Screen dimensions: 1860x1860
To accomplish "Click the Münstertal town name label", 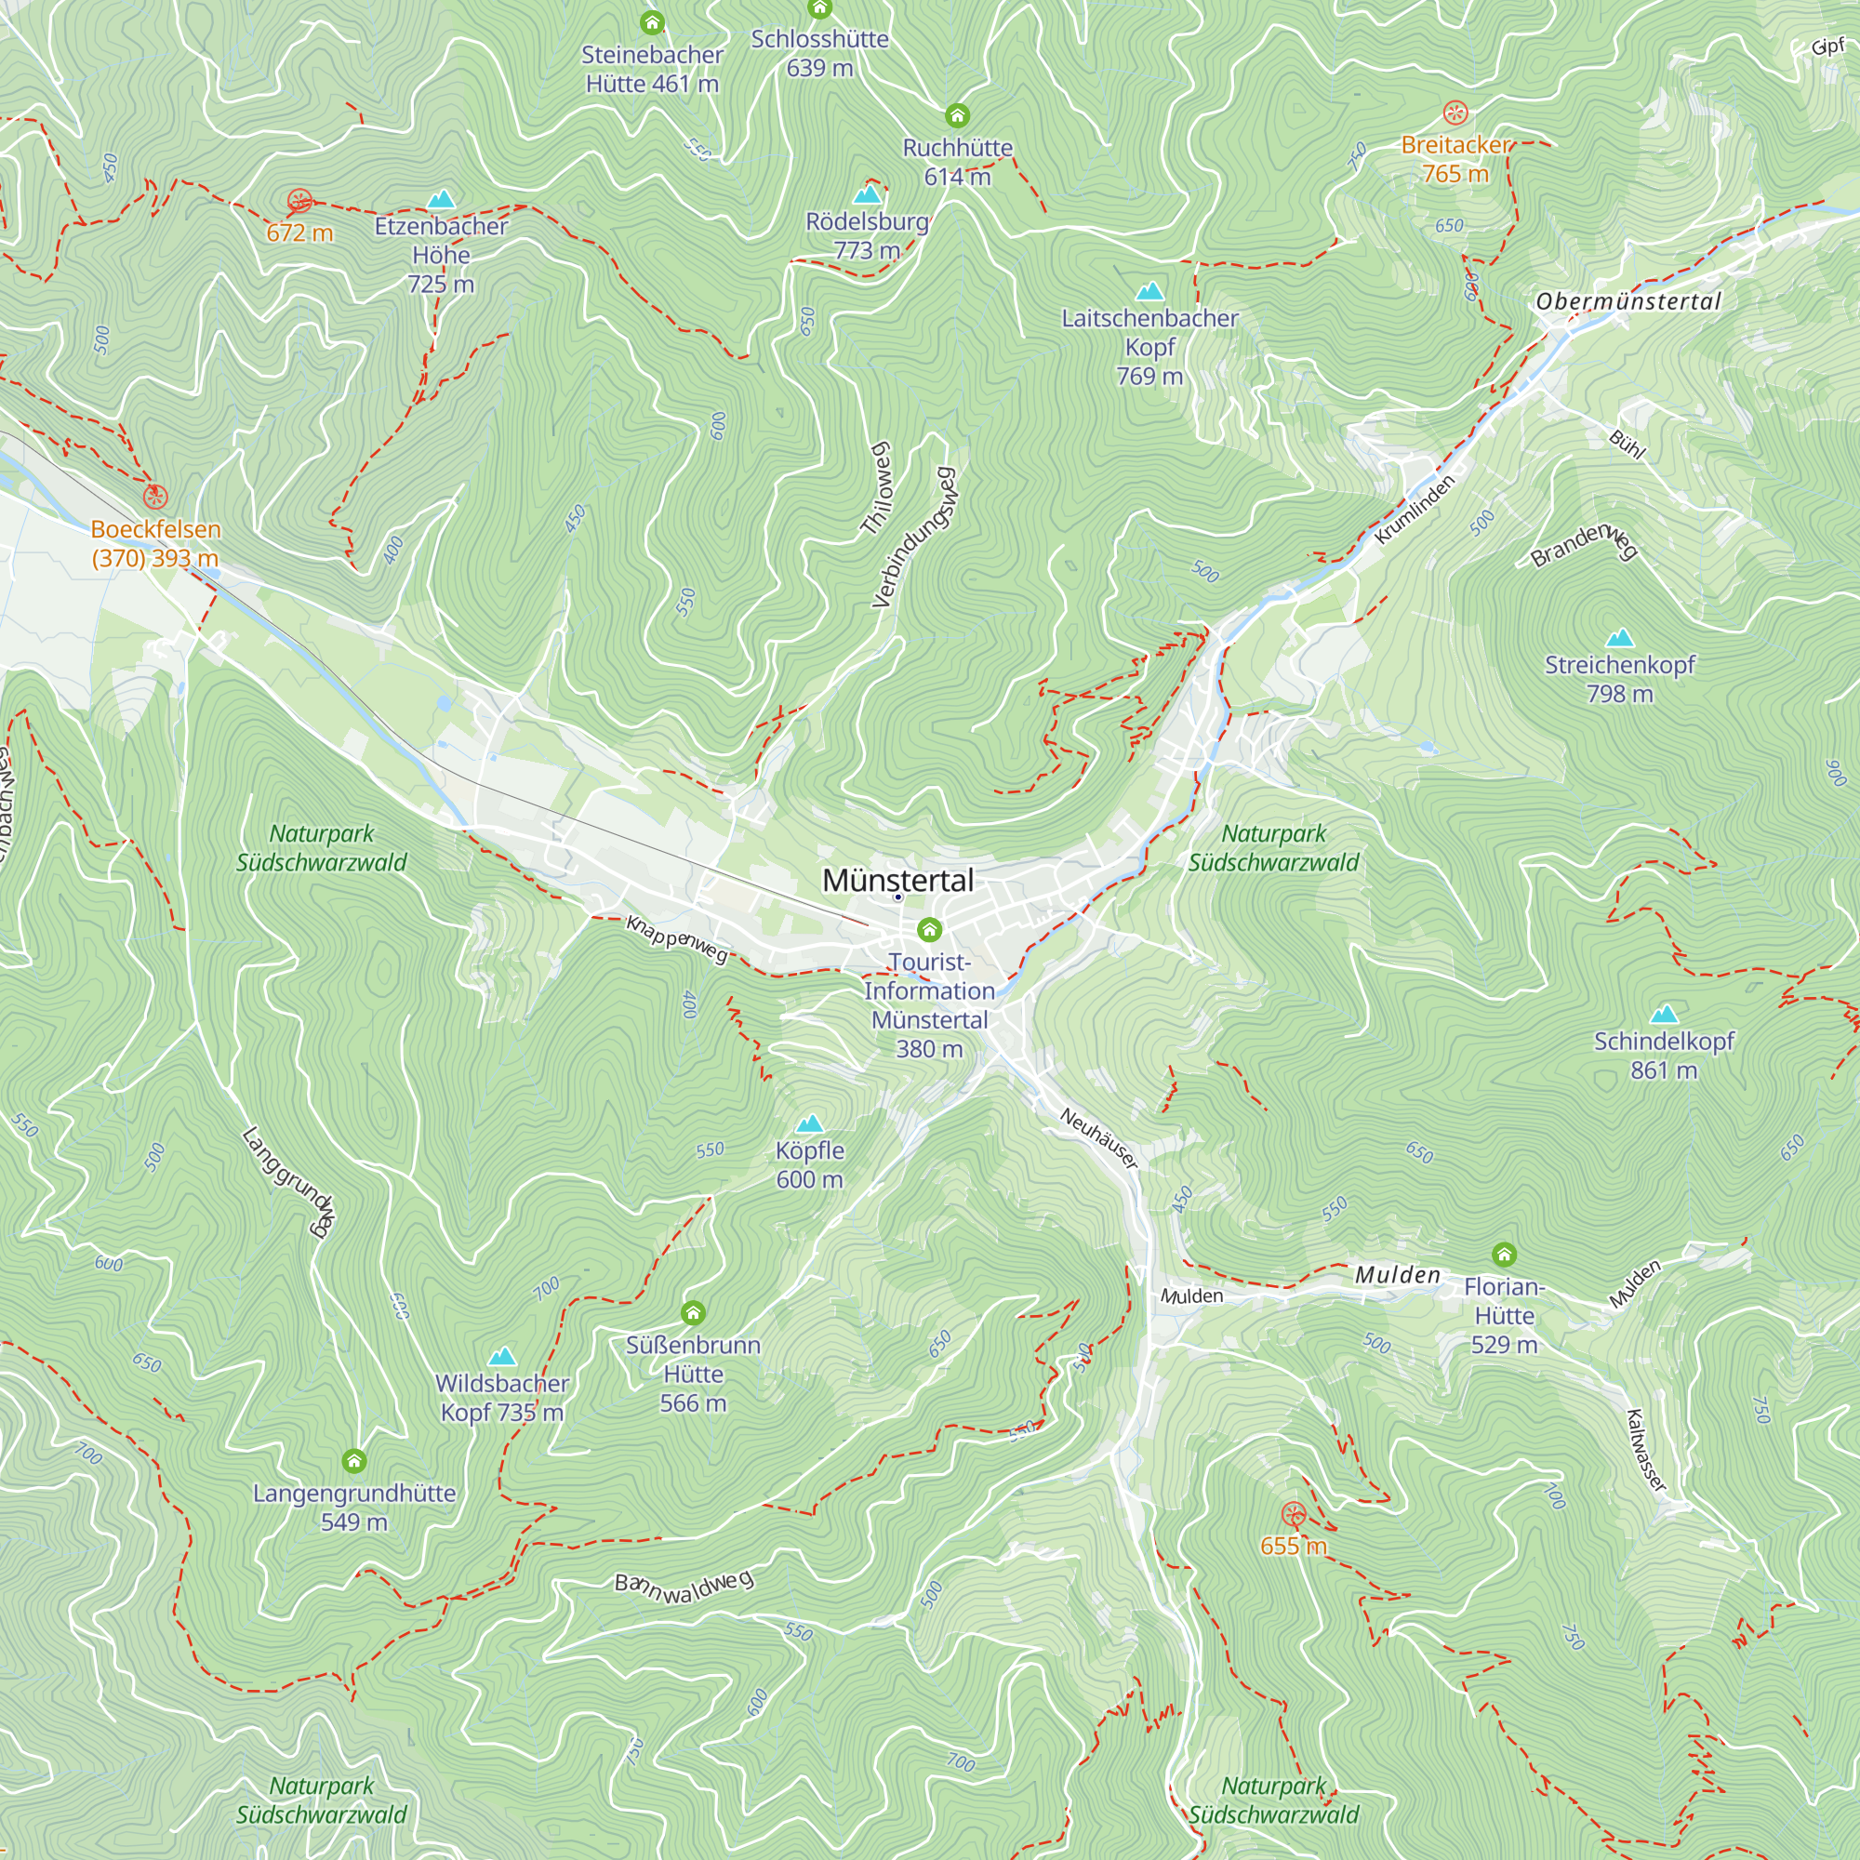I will coord(897,880).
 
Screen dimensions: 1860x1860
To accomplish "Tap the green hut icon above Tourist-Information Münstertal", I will coord(929,929).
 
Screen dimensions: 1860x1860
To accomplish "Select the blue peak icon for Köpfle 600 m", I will coord(810,1123).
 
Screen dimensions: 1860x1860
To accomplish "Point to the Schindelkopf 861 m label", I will coord(1664,1056).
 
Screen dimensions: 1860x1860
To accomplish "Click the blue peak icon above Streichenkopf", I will coord(1620,637).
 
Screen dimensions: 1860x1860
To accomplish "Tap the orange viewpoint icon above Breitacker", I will coord(1455,113).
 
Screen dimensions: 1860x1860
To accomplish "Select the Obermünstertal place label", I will coord(1628,301).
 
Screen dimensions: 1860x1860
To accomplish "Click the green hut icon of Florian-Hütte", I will coord(1504,1254).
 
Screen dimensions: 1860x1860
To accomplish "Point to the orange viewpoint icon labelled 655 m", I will coord(1294,1514).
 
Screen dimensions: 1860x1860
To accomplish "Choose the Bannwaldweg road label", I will coord(684,1587).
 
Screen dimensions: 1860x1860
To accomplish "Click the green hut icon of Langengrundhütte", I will coord(354,1461).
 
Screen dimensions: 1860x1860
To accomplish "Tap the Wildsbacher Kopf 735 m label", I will coord(501,1397).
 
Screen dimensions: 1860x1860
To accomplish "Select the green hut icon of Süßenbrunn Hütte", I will coord(693,1312).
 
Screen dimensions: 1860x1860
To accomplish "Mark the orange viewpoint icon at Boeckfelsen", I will coord(155,497).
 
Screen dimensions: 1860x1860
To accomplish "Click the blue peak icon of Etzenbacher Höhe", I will coord(441,199).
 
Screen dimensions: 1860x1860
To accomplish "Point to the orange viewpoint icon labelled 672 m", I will coord(299,201).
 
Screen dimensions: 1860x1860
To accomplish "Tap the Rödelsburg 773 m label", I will coord(867,236).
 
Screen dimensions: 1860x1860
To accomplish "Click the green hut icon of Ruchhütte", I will coord(957,115).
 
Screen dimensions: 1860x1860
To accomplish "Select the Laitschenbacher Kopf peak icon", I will coord(1149,291).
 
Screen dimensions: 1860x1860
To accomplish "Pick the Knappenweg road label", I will coord(677,938).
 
